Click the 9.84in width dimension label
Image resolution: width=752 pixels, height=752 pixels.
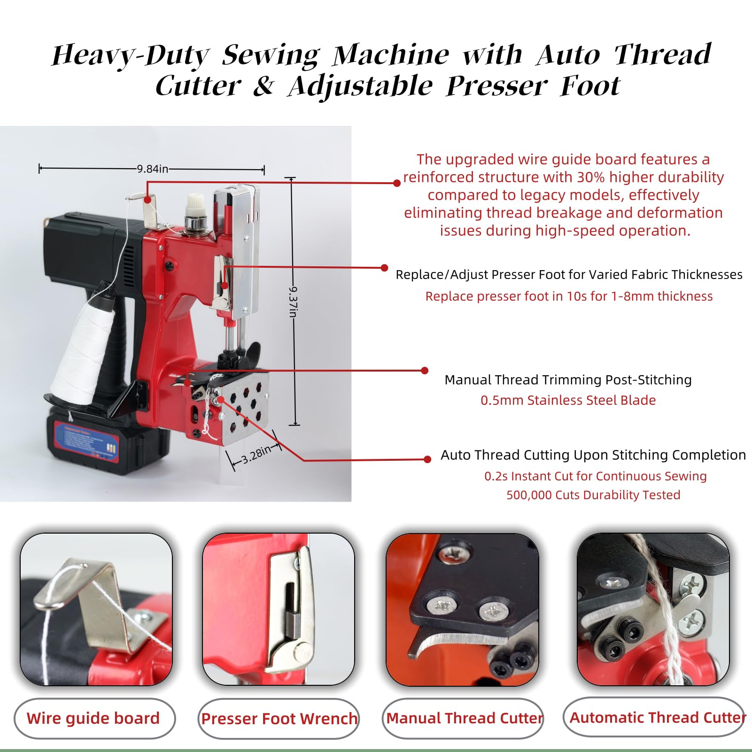click(x=152, y=169)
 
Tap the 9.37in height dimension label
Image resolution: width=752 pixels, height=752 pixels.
click(x=293, y=302)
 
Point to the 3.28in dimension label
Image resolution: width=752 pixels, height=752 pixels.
click(x=256, y=454)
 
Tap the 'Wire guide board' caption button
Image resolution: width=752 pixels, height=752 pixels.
click(x=94, y=718)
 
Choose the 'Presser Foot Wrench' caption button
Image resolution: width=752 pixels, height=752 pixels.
click(x=279, y=719)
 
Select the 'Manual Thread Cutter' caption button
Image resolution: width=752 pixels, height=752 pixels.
click(x=463, y=718)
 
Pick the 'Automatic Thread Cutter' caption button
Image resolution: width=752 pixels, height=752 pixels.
click(x=654, y=717)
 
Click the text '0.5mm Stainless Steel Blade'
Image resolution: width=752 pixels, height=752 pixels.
click(x=568, y=400)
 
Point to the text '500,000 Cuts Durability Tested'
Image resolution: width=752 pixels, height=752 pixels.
click(x=593, y=495)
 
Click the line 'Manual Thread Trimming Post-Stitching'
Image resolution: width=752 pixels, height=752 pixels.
click(x=568, y=380)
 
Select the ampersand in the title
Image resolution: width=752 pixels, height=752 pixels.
click(x=264, y=85)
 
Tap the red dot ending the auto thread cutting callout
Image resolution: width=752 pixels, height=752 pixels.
click(x=427, y=459)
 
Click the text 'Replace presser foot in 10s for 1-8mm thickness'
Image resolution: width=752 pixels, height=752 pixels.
click(x=569, y=296)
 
